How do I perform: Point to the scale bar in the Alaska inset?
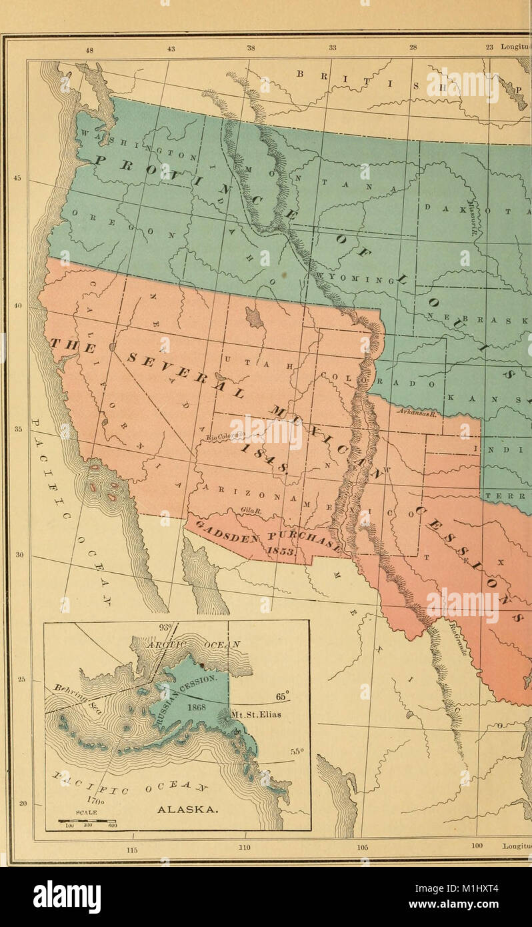tap(88, 822)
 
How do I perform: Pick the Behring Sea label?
tap(74, 694)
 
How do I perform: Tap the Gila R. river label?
tap(251, 512)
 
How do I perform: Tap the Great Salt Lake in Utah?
tap(255, 317)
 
